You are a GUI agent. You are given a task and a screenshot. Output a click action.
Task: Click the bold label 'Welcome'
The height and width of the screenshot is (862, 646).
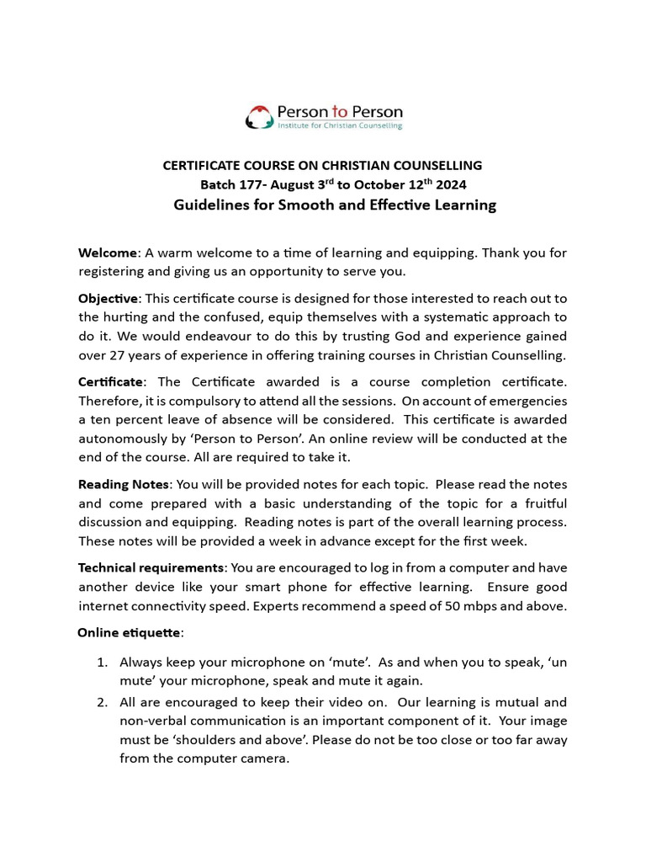pyautogui.click(x=107, y=253)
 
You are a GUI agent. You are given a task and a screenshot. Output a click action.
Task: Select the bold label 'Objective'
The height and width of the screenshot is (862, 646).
pyautogui.click(x=108, y=299)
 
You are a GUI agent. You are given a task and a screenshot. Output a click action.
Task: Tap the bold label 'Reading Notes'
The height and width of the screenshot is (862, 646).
pyautogui.click(x=124, y=484)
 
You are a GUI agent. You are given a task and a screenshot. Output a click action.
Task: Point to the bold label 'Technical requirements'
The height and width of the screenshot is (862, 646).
pyautogui.click(x=151, y=567)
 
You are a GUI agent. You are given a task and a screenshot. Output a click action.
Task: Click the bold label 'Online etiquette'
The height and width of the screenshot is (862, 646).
pyautogui.click(x=128, y=632)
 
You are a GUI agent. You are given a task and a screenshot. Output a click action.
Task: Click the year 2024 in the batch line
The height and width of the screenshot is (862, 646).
pyautogui.click(x=450, y=184)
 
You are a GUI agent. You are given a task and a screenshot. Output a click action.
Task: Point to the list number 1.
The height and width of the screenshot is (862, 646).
pyautogui.click(x=101, y=662)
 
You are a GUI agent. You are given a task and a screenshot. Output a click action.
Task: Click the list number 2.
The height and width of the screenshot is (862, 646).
pyautogui.click(x=101, y=702)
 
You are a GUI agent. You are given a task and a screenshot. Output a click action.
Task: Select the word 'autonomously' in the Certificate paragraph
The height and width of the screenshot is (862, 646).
pyautogui.click(x=121, y=438)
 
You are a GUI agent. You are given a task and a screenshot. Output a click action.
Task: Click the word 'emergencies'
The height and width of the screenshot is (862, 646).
pyautogui.click(x=527, y=401)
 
